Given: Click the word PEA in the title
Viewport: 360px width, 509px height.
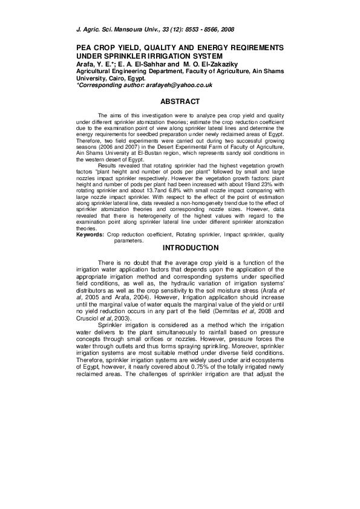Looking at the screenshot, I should [x=83, y=47].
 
